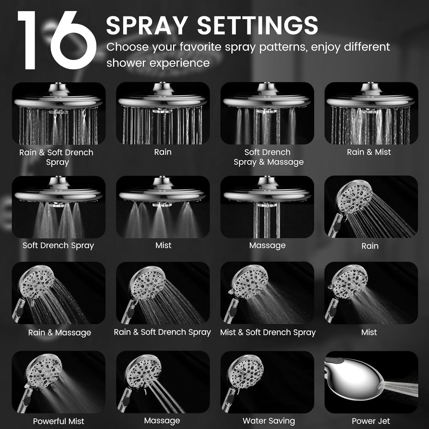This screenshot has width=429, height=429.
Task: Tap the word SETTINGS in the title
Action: point(258,25)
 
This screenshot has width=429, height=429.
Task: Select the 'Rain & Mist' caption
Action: point(369,152)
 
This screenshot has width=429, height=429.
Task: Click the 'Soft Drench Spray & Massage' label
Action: point(268,157)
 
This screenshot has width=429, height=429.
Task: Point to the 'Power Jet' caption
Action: point(371,421)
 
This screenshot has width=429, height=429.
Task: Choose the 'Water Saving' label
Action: point(269,421)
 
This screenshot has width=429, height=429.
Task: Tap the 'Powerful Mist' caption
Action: point(58,421)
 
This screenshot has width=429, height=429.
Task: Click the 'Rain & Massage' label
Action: point(59,333)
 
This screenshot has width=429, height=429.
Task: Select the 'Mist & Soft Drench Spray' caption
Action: point(268,332)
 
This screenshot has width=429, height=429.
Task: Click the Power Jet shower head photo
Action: point(371,382)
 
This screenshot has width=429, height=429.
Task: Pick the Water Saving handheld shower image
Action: point(267,382)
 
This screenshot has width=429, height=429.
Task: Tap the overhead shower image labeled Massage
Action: point(267,207)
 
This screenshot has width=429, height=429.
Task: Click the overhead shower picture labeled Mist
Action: point(163,207)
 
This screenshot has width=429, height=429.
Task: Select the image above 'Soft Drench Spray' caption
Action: point(59,207)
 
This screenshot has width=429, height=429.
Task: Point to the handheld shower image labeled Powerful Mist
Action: point(59,382)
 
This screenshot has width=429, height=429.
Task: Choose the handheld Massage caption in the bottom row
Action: point(162,421)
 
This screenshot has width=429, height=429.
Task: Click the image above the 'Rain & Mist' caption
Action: point(371,113)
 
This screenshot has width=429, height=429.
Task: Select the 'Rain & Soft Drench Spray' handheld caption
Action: point(162,332)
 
